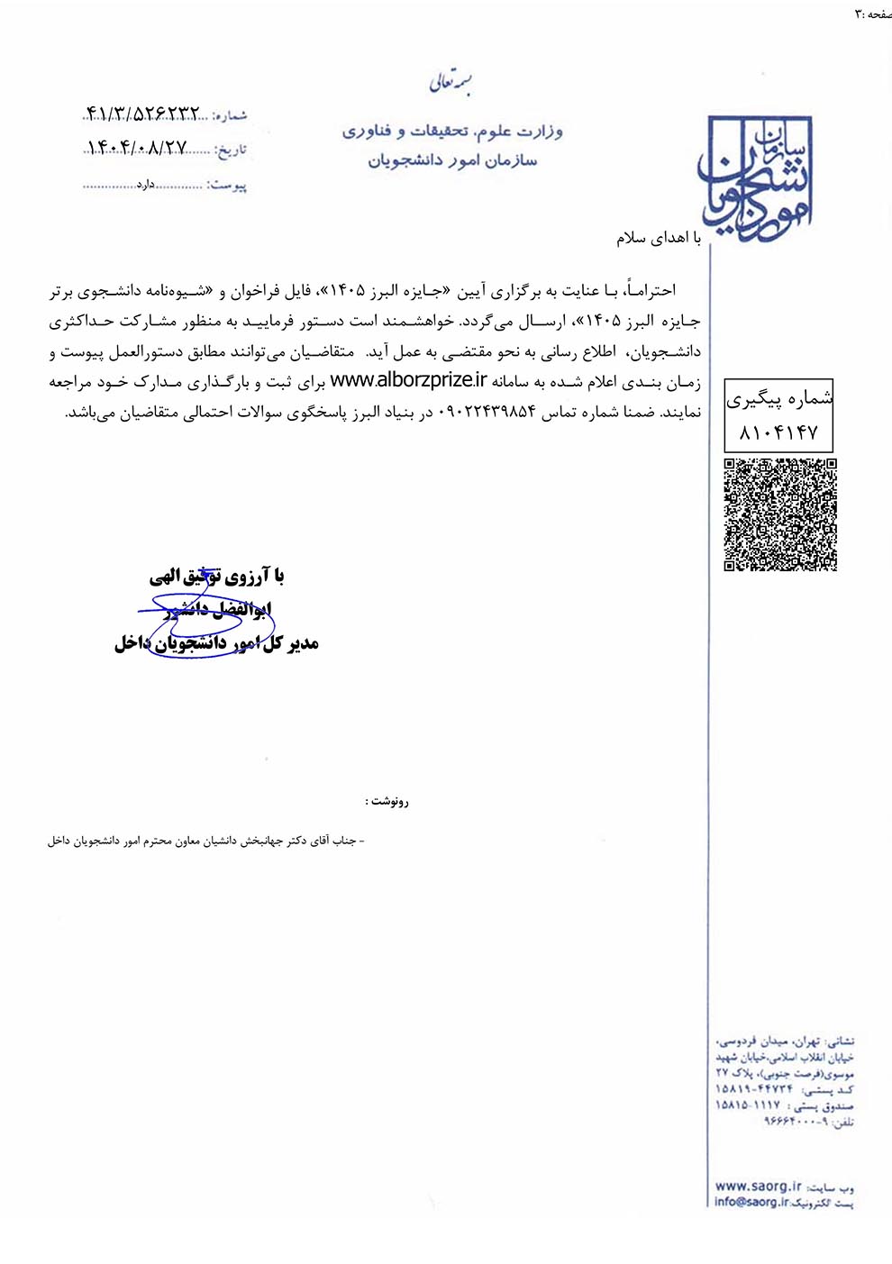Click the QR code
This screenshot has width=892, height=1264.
pos(780,514)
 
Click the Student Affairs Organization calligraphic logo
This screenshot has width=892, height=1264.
pos(757,176)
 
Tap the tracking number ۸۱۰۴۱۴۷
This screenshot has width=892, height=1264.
pos(778,433)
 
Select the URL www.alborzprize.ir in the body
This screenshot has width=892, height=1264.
pos(408,381)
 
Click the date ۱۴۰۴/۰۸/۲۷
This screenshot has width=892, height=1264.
pos(137,148)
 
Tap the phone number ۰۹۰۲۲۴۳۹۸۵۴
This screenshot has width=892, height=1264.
pos(487,413)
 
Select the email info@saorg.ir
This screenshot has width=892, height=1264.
pos(751,1202)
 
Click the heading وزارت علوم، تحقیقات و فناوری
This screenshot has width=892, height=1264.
pos(452,132)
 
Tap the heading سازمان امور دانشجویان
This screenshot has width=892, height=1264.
pos(452,161)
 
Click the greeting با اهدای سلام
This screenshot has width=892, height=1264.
pos(659,238)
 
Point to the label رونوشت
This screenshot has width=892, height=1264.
pos(387,801)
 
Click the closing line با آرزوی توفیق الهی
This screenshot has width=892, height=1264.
pos(217,576)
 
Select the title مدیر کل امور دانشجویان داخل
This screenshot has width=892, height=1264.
pos(216,643)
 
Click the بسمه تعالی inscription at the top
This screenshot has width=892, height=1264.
pos(451,83)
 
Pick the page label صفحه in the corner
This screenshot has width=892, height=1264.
pos(878,14)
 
